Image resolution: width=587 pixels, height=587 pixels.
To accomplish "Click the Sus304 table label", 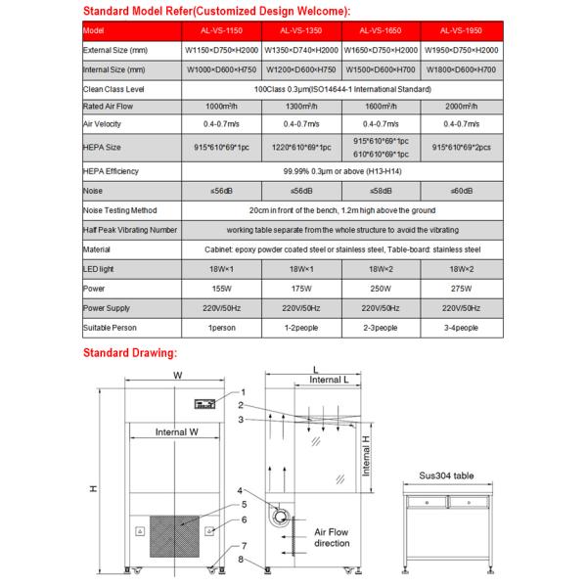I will tap(446, 474).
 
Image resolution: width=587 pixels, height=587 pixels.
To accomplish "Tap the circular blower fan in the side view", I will tap(281, 516).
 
